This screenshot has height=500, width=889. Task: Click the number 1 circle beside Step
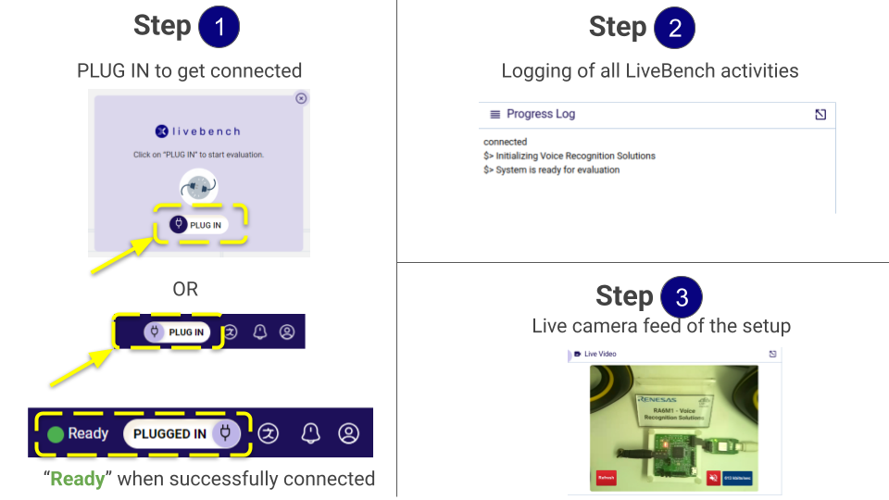[219, 28]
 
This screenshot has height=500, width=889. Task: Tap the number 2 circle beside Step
[674, 28]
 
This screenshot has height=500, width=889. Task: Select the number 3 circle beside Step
[682, 298]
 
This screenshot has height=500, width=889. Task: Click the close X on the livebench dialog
[301, 98]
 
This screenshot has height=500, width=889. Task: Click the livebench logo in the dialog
[198, 131]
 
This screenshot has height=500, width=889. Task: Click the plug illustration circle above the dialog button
[199, 188]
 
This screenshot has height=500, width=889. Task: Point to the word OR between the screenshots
[185, 289]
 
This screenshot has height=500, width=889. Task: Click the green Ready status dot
[56, 433]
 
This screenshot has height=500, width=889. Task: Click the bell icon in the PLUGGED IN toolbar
[309, 432]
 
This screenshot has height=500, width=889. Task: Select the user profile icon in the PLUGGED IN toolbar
[348, 432]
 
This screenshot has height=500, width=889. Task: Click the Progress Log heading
[541, 114]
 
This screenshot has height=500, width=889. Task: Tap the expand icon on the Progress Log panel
[820, 115]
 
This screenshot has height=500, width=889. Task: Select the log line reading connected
[506, 142]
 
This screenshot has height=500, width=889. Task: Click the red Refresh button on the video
[606, 478]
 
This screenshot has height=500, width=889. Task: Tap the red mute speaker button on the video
[714, 478]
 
